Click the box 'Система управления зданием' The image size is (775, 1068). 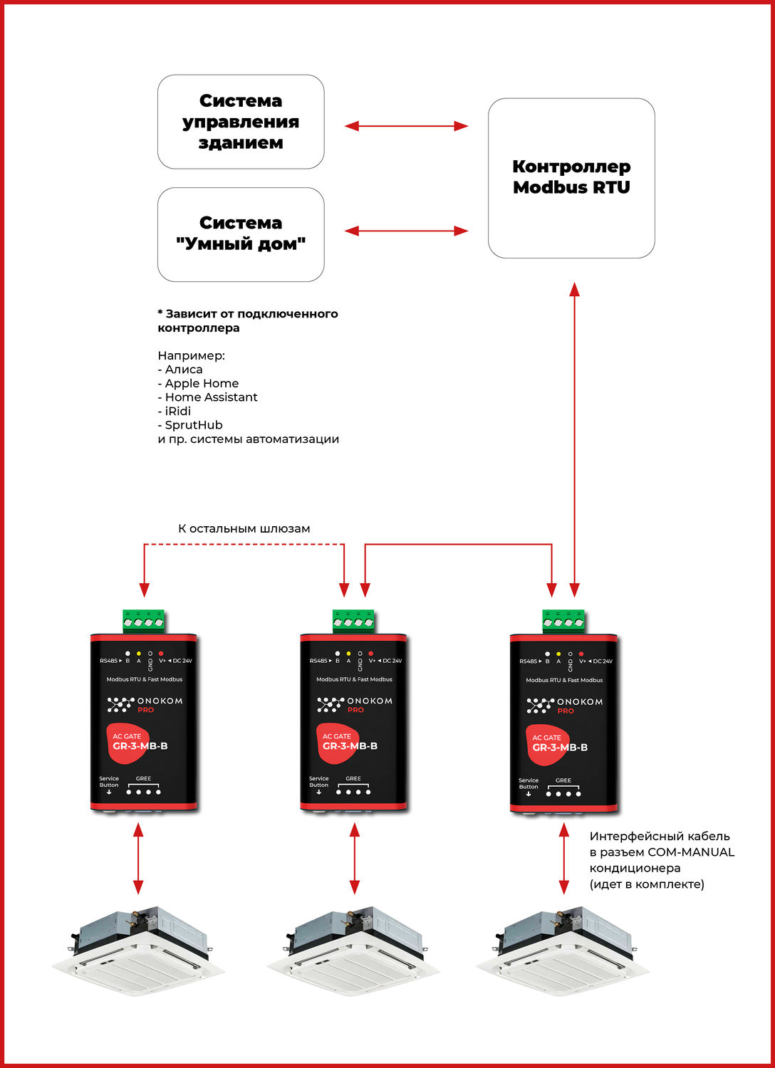[241, 122]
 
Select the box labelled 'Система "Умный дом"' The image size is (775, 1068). [241, 234]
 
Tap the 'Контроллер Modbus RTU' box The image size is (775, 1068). [571, 178]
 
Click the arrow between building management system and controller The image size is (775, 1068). [406, 126]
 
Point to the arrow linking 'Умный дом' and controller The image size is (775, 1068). [406, 231]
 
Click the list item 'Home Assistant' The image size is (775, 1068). [211, 397]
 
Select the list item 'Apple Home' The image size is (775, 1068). [202, 383]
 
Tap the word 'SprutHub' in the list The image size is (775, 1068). [194, 425]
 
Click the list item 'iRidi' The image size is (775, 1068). [178, 411]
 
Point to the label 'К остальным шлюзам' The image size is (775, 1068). [244, 528]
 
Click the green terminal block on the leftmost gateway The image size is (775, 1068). [143, 621]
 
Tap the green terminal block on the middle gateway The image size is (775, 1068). [353, 621]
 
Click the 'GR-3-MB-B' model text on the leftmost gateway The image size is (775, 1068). [140, 746]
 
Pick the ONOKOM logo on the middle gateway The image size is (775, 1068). [354, 704]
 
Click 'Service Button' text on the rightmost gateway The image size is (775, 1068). [529, 783]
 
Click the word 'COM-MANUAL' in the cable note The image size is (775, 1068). [690, 852]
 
